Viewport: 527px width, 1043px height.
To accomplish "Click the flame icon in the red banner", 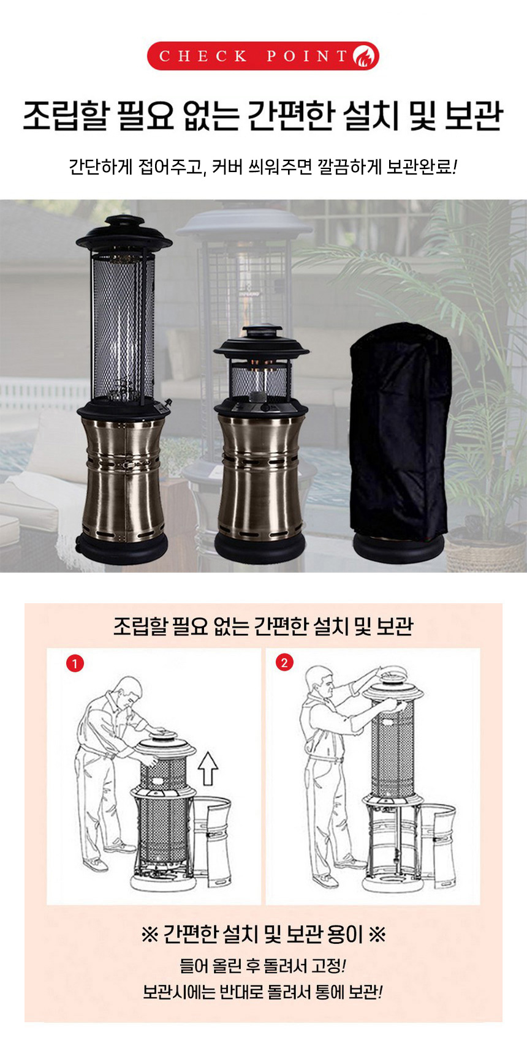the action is click(x=365, y=56).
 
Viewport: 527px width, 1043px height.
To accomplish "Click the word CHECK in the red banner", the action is click(x=203, y=56).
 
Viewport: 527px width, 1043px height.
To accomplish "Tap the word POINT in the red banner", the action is click(x=307, y=56).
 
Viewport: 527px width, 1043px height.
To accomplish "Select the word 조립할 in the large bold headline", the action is click(x=66, y=116).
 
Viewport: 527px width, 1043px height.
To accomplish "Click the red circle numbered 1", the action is click(x=75, y=663).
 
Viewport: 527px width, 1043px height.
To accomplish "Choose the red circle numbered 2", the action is click(x=284, y=662).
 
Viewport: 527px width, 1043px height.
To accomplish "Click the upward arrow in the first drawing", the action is click(x=208, y=769).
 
